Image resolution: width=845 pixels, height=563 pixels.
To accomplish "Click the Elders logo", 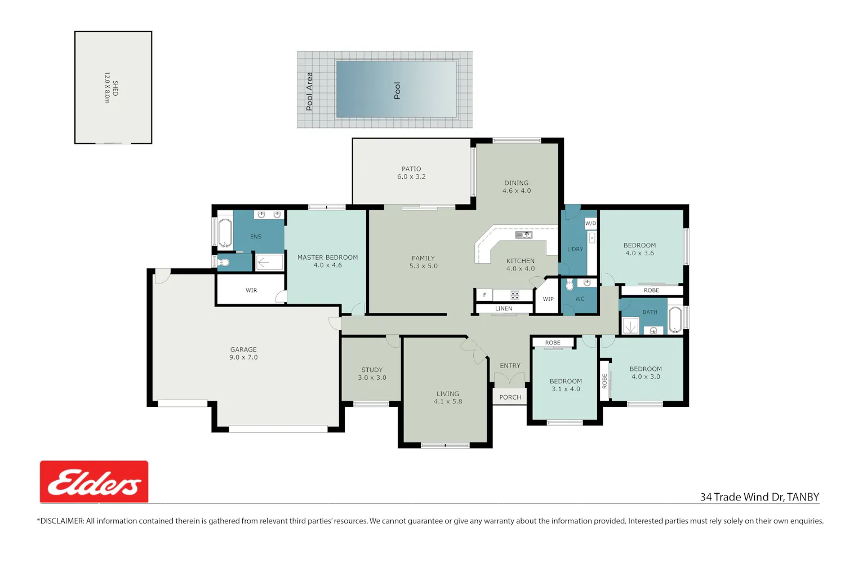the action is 94,481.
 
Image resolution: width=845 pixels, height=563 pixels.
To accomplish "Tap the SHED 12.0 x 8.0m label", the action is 111,88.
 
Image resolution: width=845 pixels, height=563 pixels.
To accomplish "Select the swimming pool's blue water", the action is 397,90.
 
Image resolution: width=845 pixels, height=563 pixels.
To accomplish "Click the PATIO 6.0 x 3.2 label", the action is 411,172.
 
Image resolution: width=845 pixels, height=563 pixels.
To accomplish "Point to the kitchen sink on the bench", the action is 523,235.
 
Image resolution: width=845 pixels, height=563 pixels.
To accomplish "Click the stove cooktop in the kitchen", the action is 515,295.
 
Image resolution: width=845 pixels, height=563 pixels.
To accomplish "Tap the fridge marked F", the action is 484,295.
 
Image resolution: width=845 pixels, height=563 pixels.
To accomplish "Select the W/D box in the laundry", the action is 591,223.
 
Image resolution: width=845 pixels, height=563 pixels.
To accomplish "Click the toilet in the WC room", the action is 570,285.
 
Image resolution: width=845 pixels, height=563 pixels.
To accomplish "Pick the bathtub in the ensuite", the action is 225,233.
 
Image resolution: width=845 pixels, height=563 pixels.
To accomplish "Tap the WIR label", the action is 251,290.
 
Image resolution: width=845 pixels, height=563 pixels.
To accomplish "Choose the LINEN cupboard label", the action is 504,308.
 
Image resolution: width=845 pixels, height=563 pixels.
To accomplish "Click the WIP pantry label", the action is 548,299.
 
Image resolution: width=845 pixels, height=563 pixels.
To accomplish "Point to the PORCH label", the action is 510,397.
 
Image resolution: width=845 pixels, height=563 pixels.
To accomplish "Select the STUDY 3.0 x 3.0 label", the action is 372,374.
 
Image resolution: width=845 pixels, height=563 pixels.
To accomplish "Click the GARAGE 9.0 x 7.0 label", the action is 243,353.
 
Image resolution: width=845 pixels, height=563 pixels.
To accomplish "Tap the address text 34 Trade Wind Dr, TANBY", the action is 759,497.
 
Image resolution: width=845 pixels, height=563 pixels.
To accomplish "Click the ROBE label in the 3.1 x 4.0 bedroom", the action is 553,343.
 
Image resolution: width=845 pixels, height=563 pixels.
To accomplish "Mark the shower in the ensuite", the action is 269,262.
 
